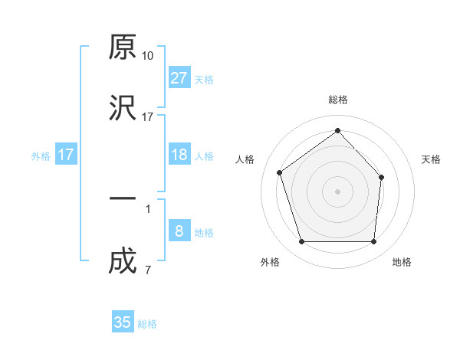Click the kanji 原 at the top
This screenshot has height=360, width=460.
[122, 49]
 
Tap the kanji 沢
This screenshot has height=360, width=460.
[122, 109]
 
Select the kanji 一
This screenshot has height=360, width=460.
[122, 201]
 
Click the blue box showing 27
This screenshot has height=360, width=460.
[179, 77]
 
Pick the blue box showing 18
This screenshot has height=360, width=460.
[179, 155]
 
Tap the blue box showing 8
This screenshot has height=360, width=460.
[179, 231]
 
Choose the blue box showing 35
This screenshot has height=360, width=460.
[123, 322]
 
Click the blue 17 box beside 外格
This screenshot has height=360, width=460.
[66, 155]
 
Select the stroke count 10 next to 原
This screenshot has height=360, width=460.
[148, 56]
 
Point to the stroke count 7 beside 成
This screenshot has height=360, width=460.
[147, 270]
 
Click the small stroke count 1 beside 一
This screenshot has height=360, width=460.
[147, 208]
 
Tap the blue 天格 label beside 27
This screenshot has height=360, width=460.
[203, 79]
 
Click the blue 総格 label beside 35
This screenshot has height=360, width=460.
[147, 324]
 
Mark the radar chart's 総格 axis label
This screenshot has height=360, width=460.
[337, 100]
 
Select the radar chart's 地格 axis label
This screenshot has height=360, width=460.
[402, 263]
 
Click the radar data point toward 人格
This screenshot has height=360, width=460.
[280, 172]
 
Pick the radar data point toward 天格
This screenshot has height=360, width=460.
[383, 176]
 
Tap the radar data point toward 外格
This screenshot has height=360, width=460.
[301, 242]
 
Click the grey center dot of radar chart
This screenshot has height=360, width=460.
[337, 191]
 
